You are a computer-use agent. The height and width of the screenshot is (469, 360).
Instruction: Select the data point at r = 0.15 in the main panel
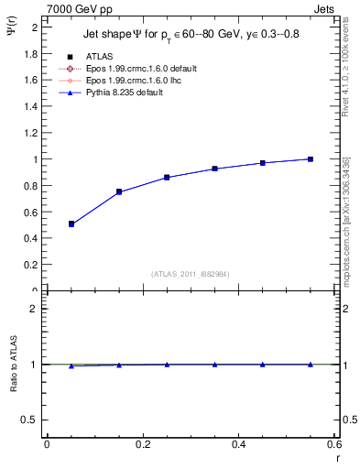119,191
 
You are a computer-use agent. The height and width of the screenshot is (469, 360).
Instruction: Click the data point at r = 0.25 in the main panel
167,177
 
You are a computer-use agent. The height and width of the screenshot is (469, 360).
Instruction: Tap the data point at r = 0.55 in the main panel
311,159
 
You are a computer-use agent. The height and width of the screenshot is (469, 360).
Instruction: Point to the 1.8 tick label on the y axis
29,53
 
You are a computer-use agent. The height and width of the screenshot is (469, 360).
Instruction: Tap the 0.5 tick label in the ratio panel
29,420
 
